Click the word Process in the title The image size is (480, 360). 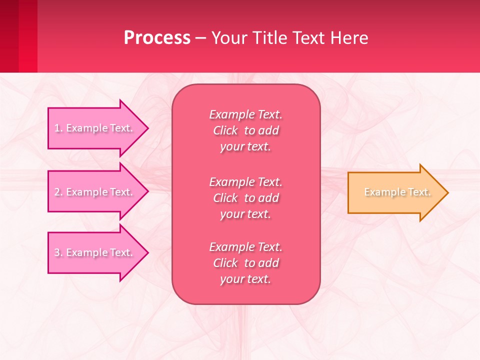pyautogui.click(x=157, y=38)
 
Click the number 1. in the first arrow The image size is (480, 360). pyautogui.click(x=58, y=128)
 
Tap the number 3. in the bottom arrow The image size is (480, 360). pyautogui.click(x=58, y=253)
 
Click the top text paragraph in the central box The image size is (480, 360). pyautogui.click(x=245, y=130)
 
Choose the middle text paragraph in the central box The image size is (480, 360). pyautogui.click(x=245, y=198)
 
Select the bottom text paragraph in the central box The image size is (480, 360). pyautogui.click(x=245, y=263)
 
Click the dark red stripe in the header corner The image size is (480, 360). pyautogui.click(x=9, y=36)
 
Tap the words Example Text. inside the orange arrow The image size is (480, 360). pyautogui.click(x=397, y=192)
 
